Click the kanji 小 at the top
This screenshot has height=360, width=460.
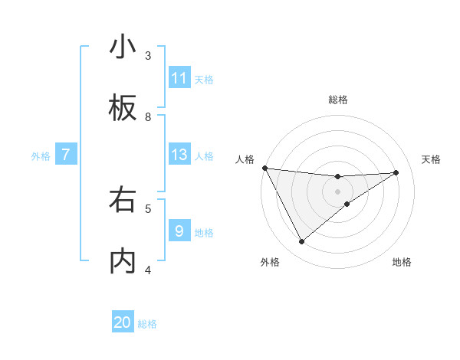coord(123,47)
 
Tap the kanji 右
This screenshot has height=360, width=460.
coord(123,200)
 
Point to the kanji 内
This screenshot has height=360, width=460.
coord(123,260)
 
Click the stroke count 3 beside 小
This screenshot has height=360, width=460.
coord(148,55)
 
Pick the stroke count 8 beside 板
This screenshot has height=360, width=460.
coord(148,116)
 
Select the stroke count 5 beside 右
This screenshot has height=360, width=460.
coord(148,208)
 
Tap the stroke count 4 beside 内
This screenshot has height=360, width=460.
coord(148,269)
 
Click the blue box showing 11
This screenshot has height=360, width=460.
coord(179,78)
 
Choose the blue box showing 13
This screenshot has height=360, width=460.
coord(179,155)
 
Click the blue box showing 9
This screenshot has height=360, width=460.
coord(179,231)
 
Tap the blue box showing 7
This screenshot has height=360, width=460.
coord(66,155)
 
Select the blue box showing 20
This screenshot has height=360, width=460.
coord(123,322)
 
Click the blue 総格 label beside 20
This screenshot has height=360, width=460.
coord(147,324)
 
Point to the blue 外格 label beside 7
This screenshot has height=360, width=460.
coord(41,156)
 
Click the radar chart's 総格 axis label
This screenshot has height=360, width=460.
coord(338,100)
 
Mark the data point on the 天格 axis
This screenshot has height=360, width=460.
coord(396,172)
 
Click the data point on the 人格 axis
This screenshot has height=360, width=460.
coord(264,168)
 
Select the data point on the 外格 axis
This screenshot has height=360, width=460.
coord(301,241)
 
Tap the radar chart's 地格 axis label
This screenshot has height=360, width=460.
coord(402,262)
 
